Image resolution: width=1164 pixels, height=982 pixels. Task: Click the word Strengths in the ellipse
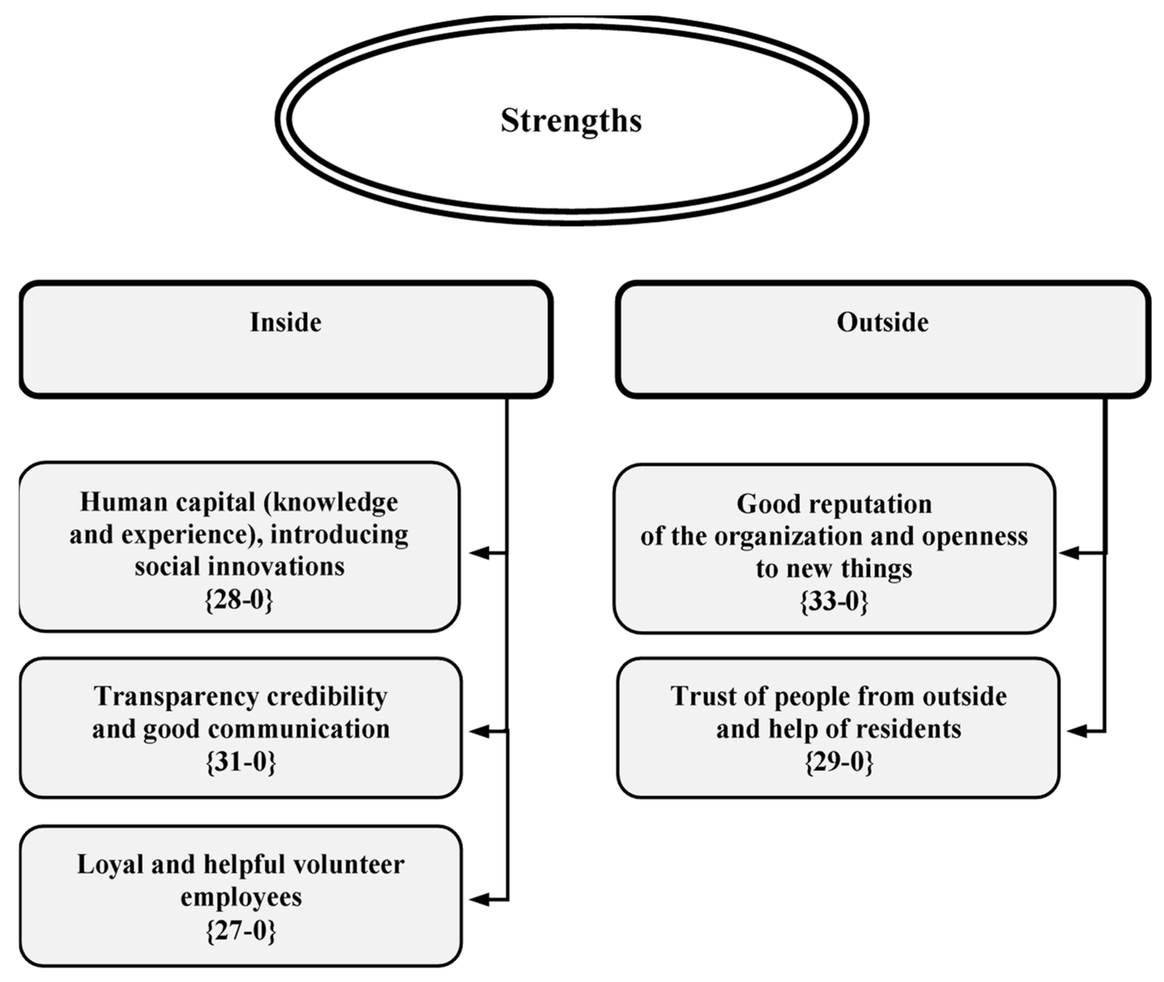click(571, 120)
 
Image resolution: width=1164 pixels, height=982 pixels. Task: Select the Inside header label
click(286, 322)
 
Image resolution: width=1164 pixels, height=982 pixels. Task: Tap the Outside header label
click(882, 322)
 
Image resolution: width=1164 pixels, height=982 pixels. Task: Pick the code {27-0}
click(241, 930)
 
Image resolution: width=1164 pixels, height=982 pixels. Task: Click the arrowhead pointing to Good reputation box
click(1068, 553)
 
